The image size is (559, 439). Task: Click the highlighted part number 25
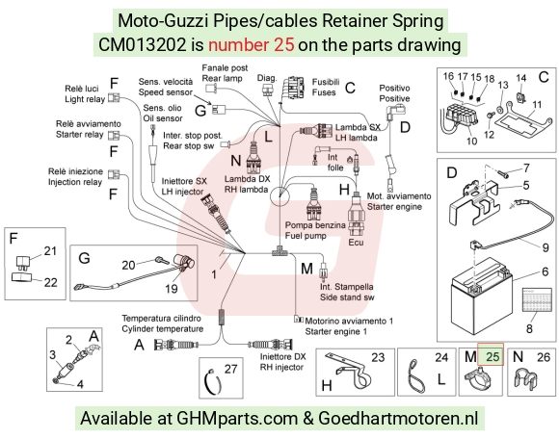(492, 356)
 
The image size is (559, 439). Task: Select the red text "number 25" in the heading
(252, 45)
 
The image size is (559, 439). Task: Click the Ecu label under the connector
(356, 243)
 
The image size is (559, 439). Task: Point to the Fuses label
(324, 92)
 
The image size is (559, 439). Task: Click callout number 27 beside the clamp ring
(230, 369)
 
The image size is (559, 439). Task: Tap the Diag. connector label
(267, 78)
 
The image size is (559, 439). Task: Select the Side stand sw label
(347, 297)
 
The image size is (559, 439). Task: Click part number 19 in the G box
(172, 288)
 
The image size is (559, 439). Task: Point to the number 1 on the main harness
(214, 274)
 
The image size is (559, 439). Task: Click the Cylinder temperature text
(163, 328)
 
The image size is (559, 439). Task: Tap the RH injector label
(281, 367)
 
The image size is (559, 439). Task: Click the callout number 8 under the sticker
(529, 328)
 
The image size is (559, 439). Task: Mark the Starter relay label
(79, 135)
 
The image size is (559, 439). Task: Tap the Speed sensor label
(165, 92)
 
